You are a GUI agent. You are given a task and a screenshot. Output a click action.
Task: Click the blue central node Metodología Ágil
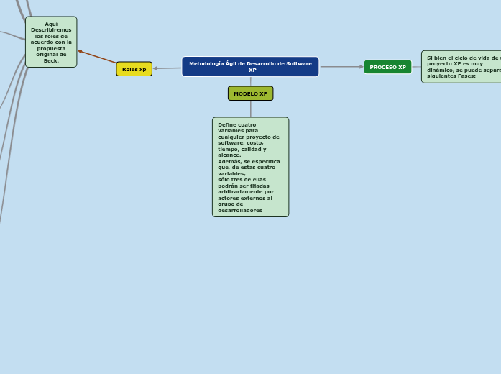pyautogui.click(x=250, y=67)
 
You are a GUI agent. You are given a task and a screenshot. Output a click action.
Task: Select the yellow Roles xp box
pyautogui.click(x=134, y=69)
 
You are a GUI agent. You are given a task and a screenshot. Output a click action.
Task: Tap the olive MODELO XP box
pyautogui.click(x=250, y=93)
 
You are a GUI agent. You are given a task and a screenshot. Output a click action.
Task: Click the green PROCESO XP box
pyautogui.click(x=387, y=67)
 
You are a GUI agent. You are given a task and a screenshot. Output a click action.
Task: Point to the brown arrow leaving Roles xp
pyautogui.click(x=97, y=57)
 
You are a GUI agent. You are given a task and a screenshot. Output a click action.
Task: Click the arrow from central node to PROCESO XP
pyautogui.click(x=341, y=67)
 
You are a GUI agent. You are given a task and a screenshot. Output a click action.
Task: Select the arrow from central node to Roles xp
pyautogui.click(x=167, y=68)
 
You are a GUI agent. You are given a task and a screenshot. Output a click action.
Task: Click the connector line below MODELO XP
pyautogui.click(x=250, y=109)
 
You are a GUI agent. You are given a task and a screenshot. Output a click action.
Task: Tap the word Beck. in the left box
pyautogui.click(x=51, y=60)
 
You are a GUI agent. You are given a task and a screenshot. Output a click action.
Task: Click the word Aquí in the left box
pyautogui.click(x=51, y=24)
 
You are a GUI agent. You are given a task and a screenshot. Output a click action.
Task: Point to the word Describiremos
pyautogui.click(x=51, y=29)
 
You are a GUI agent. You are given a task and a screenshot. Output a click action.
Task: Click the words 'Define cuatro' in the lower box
pyautogui.click(x=236, y=124)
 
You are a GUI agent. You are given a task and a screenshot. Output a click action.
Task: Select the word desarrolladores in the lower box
pyautogui.click(x=240, y=210)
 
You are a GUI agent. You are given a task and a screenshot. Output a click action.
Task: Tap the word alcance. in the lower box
pyautogui.click(x=229, y=155)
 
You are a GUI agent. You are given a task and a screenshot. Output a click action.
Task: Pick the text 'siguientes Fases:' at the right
pyautogui.click(x=451, y=76)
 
